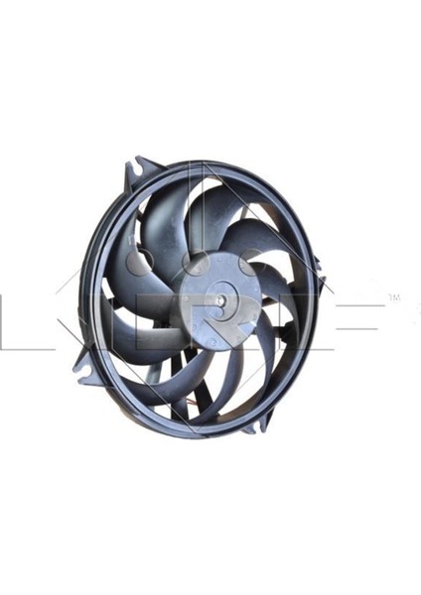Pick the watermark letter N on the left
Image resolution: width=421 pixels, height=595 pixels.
pyautogui.click(x=30, y=315)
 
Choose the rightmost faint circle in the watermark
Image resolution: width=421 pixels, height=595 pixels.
pyautogui.click(x=231, y=266)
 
